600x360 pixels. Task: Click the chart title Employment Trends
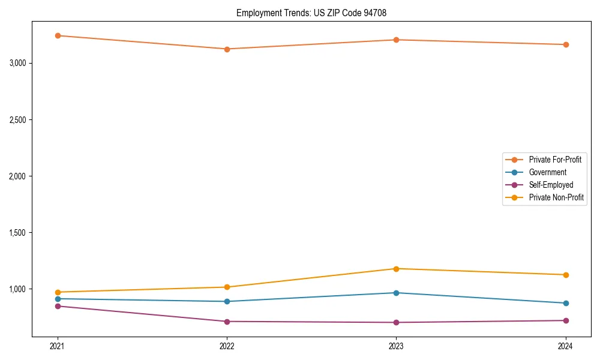(316, 13)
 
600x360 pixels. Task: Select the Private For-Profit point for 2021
(58, 35)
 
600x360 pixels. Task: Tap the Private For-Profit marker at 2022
(227, 49)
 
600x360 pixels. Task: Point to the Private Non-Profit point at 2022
(227, 287)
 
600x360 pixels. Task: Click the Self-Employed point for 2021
(58, 306)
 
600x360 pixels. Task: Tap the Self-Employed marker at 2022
(227, 322)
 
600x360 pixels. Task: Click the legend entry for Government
(547, 172)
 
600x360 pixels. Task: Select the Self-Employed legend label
(551, 185)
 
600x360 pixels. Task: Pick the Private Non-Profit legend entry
(556, 197)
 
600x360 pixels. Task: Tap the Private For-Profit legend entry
(555, 160)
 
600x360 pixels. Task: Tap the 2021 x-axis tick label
(58, 346)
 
